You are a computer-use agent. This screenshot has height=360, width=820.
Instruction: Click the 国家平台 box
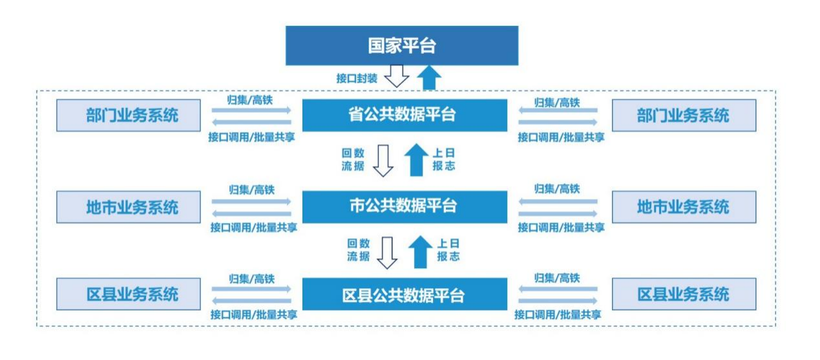(x=401, y=46)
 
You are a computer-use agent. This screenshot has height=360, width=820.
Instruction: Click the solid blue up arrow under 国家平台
(x=428, y=78)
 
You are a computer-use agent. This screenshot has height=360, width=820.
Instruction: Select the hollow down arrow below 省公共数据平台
(x=384, y=160)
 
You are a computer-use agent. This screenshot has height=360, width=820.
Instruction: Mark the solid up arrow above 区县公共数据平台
(x=421, y=251)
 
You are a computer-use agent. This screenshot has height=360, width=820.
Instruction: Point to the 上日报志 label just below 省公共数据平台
(x=444, y=160)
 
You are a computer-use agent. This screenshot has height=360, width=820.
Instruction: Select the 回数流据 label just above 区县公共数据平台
(x=357, y=250)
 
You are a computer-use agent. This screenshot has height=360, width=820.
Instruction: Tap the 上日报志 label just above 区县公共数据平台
(x=448, y=250)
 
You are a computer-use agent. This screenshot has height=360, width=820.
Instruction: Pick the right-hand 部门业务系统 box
(x=683, y=116)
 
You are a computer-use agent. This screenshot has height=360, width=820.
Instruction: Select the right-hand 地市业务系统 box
(x=683, y=207)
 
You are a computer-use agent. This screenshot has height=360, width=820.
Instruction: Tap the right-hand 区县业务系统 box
(x=683, y=295)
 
